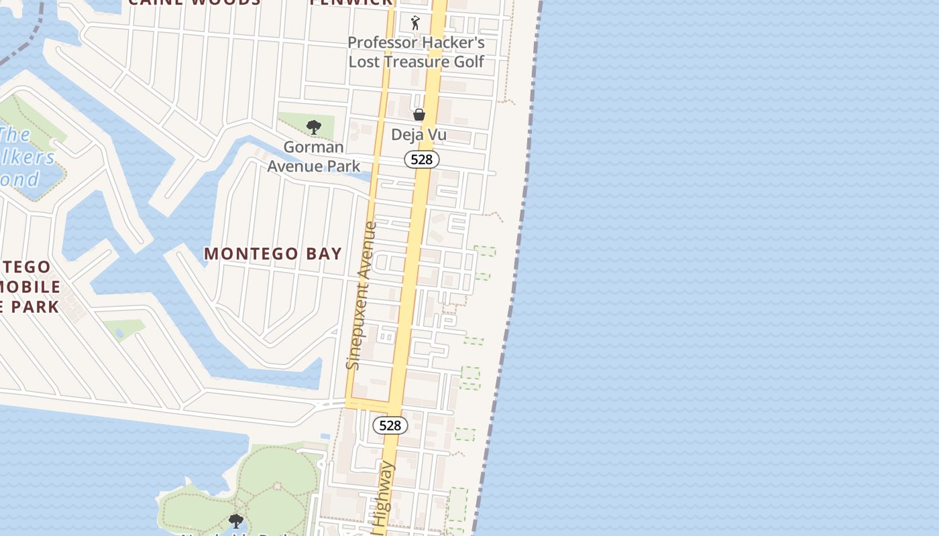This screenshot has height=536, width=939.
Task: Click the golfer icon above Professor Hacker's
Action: (x=416, y=23)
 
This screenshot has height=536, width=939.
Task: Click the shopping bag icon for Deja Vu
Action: (x=419, y=115)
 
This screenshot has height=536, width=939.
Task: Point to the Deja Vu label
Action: (x=419, y=135)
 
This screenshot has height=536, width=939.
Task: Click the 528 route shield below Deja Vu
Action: (x=422, y=159)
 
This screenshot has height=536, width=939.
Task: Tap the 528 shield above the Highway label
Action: (x=390, y=425)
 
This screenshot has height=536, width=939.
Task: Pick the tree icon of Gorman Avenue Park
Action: (x=313, y=127)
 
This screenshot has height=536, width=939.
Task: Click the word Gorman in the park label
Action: (x=314, y=147)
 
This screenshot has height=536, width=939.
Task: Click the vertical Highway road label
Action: (x=384, y=496)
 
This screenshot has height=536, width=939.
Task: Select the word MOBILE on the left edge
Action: (x=30, y=287)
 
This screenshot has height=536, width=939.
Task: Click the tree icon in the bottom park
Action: (x=235, y=521)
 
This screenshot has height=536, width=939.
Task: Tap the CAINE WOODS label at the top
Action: (x=194, y=2)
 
